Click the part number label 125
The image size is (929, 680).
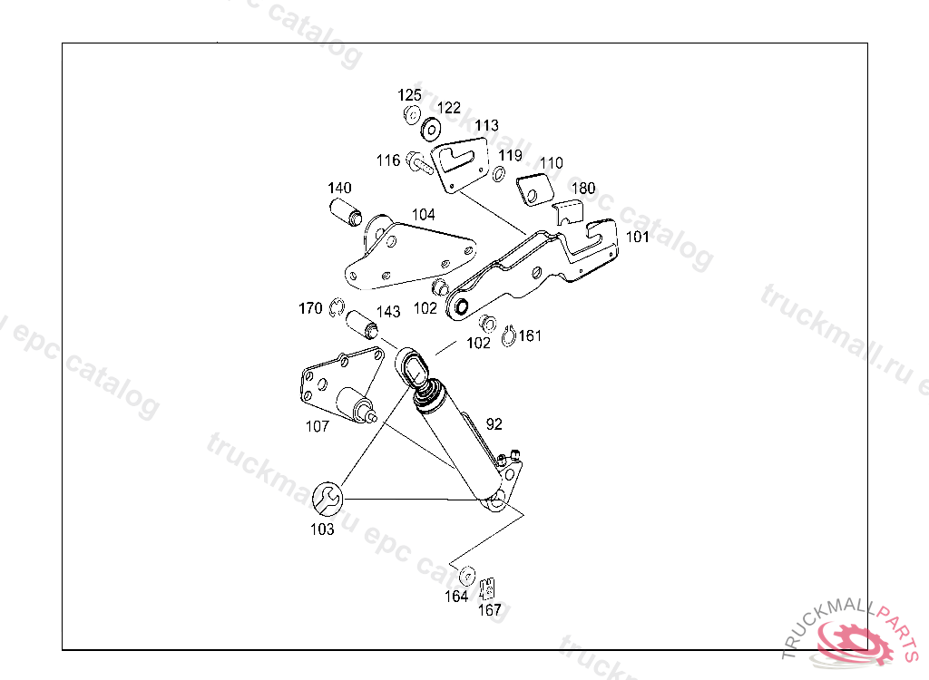(409, 95)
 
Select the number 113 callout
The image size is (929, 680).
(486, 125)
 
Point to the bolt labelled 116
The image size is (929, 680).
(420, 163)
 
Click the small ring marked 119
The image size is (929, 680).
(499, 172)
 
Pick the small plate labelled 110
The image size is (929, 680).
(535, 191)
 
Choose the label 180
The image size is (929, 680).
(583, 189)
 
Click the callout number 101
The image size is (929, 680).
(638, 238)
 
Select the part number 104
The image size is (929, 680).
(423, 215)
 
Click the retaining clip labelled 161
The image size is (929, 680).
(507, 337)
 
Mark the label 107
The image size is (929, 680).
(317, 426)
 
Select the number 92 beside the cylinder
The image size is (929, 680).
(494, 423)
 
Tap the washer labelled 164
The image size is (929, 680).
(468, 575)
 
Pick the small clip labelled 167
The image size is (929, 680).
(488, 588)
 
